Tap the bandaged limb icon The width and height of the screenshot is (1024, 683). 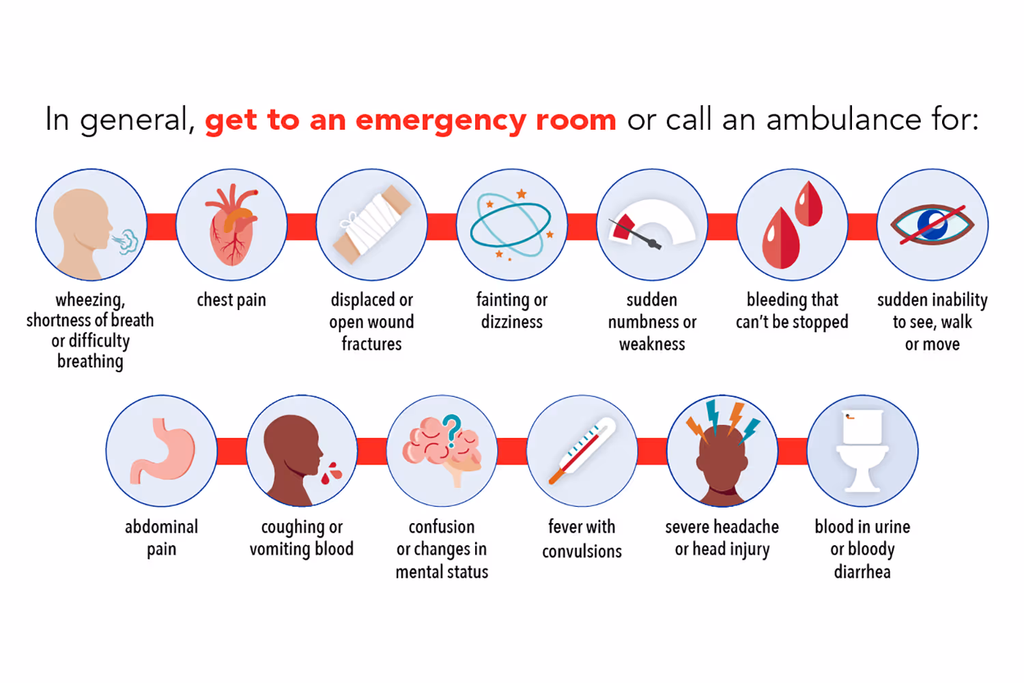372,226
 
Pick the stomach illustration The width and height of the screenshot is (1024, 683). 162,451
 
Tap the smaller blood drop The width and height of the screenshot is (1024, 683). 809,204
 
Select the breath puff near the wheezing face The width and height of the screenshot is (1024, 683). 126,241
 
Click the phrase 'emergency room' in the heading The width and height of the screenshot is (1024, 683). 485,120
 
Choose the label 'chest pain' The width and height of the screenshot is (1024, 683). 231,300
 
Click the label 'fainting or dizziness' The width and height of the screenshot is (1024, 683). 512,311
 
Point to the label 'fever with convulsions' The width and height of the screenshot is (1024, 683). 582,538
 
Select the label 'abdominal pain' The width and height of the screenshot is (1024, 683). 162,538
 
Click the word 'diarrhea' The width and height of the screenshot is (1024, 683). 862,572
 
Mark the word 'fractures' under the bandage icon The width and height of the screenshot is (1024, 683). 371,344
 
